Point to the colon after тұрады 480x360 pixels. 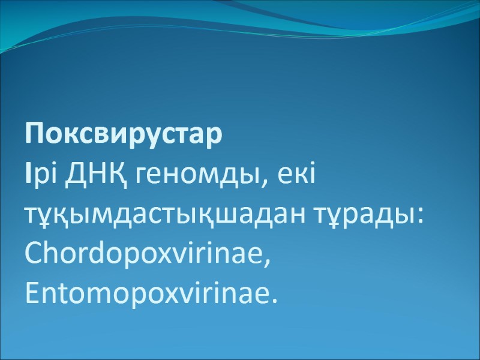point(421,218)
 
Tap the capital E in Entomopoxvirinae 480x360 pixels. point(32,294)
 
